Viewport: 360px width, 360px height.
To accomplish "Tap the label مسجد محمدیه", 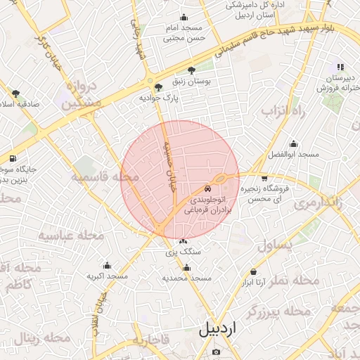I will [187, 278].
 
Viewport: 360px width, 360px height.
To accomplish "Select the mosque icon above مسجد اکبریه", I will [107, 266].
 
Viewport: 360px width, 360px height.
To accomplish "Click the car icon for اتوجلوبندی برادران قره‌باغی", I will [206, 188].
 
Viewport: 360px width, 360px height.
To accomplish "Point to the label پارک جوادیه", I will [157, 98].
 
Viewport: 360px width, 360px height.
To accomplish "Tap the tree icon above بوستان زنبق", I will [192, 70].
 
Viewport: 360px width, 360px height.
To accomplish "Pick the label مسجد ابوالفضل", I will [297, 153].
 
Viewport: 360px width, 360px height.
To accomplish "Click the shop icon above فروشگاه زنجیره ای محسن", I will [264, 179].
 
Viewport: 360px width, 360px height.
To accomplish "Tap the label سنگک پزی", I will [184, 251].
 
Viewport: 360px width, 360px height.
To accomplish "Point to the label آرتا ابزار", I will [257, 283].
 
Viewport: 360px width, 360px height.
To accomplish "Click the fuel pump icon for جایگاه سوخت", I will [13, 158].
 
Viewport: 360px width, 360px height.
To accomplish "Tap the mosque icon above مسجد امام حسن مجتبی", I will [184, 18].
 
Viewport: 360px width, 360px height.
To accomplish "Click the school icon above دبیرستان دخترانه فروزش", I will [340, 67].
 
